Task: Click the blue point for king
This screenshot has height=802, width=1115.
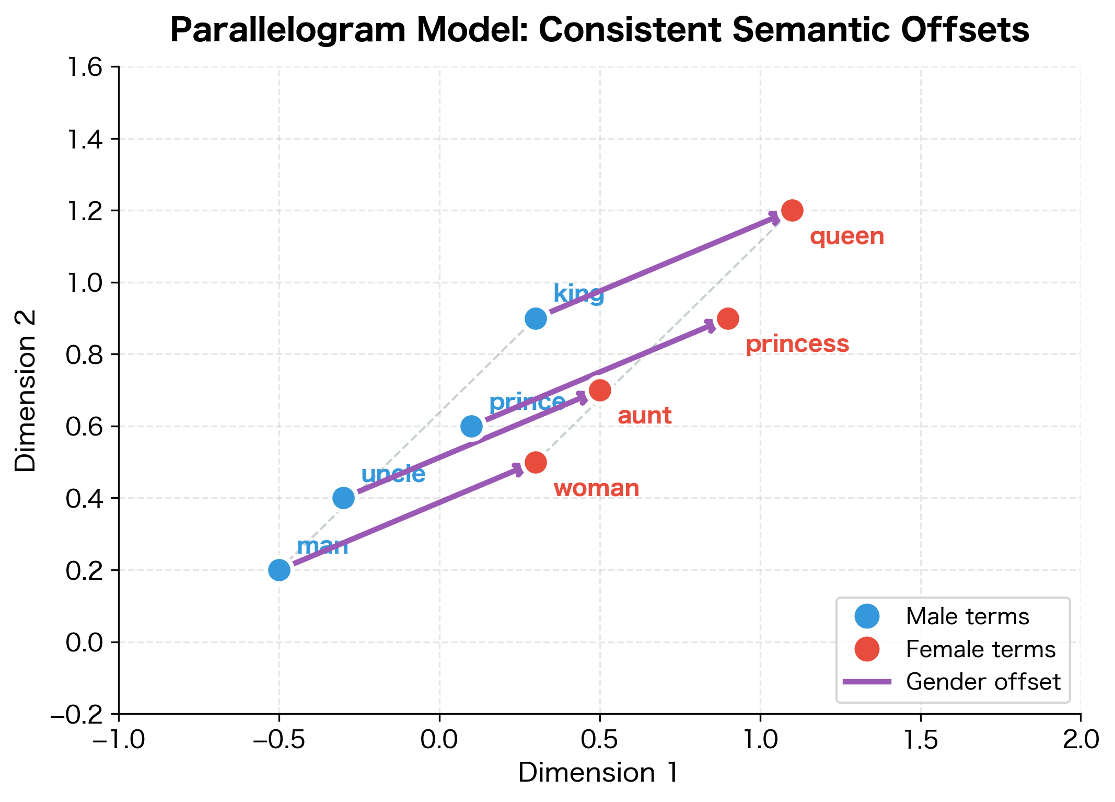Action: [x=536, y=318]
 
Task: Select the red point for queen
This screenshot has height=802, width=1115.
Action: [x=792, y=211]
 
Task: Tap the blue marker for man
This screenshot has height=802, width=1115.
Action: [x=279, y=570]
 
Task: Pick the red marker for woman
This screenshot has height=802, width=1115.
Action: [x=536, y=462]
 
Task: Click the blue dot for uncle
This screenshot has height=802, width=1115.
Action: [x=343, y=498]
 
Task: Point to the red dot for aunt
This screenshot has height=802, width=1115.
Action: [x=600, y=391]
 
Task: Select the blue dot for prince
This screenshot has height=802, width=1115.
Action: [x=471, y=426]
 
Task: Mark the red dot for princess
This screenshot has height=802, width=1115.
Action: [x=728, y=318]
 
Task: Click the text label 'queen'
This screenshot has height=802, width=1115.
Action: [x=847, y=237]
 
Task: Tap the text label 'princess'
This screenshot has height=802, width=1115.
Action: [x=797, y=345]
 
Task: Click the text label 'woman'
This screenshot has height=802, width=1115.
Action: [x=596, y=489]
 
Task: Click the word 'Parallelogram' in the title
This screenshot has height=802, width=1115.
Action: [x=288, y=30]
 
